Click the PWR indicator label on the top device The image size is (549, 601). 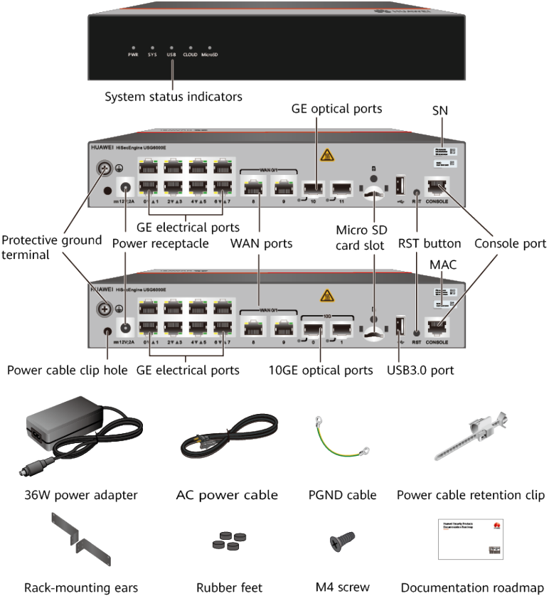tap(133, 55)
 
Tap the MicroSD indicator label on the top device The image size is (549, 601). tap(213, 55)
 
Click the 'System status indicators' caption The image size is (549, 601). tap(174, 96)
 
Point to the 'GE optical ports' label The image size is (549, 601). tap(336, 109)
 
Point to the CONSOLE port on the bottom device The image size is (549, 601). tap(437, 326)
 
